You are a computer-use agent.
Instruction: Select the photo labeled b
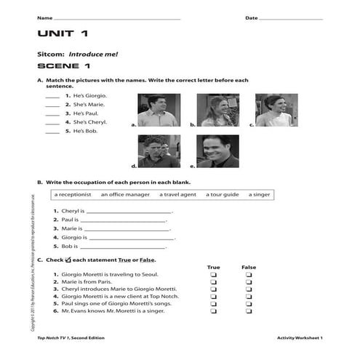tap(217, 110)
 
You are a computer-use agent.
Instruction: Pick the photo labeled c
tap(276, 110)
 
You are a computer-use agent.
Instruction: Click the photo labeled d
tap(159, 151)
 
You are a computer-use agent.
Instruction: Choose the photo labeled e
tap(218, 151)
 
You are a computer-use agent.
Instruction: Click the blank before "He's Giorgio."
tap(52, 96)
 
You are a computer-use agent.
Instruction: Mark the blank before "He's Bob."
tap(52, 132)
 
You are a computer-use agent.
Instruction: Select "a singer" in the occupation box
tap(259, 194)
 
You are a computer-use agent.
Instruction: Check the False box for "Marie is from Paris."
tap(249, 284)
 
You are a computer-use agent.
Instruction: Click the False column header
tap(249, 267)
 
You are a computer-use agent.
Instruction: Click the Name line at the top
tap(116, 17)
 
